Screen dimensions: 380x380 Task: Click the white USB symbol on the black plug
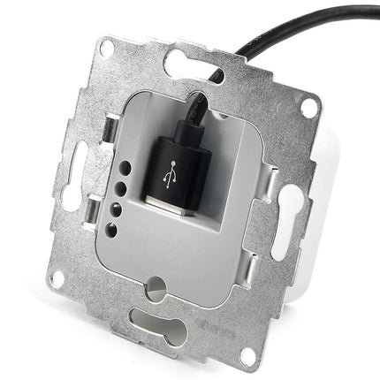tap(169, 179)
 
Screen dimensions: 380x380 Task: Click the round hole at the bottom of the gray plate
tap(157, 285)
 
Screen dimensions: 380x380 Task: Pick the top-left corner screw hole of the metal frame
tap(106, 49)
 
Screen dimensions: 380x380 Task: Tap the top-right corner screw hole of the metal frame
tap(308, 106)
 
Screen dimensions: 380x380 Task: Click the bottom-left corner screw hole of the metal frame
tap(57, 278)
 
